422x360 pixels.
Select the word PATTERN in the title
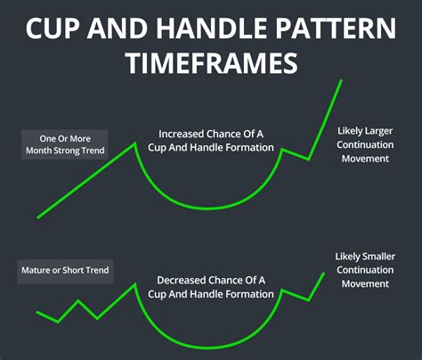pyautogui.click(x=337, y=29)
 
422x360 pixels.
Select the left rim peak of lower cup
pyautogui.click(x=134, y=284)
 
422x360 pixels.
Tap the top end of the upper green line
pyautogui.click(x=341, y=81)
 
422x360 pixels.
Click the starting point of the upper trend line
pyautogui.click(x=37, y=217)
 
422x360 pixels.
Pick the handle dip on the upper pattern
pyautogui.click(x=308, y=160)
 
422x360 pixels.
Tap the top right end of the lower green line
pyautogui.click(x=324, y=274)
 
